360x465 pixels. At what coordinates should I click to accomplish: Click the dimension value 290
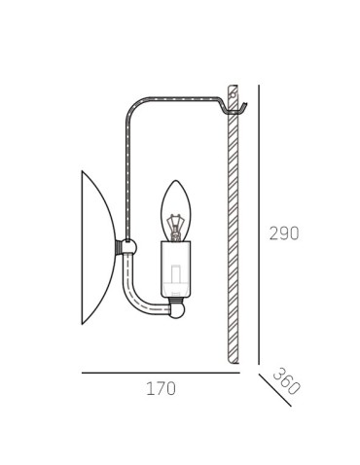click(x=284, y=233)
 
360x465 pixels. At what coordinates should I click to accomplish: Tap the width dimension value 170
click(x=161, y=388)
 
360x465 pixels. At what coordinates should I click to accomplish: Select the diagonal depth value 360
click(x=287, y=381)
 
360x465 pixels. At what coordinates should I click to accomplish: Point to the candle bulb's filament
click(x=176, y=228)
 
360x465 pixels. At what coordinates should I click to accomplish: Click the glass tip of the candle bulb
click(x=176, y=182)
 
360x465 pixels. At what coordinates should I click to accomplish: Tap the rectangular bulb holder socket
click(x=176, y=269)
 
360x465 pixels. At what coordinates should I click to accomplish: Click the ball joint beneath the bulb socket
click(x=177, y=310)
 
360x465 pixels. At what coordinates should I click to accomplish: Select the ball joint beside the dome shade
click(x=128, y=247)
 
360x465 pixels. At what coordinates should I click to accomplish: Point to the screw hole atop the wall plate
click(x=232, y=95)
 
